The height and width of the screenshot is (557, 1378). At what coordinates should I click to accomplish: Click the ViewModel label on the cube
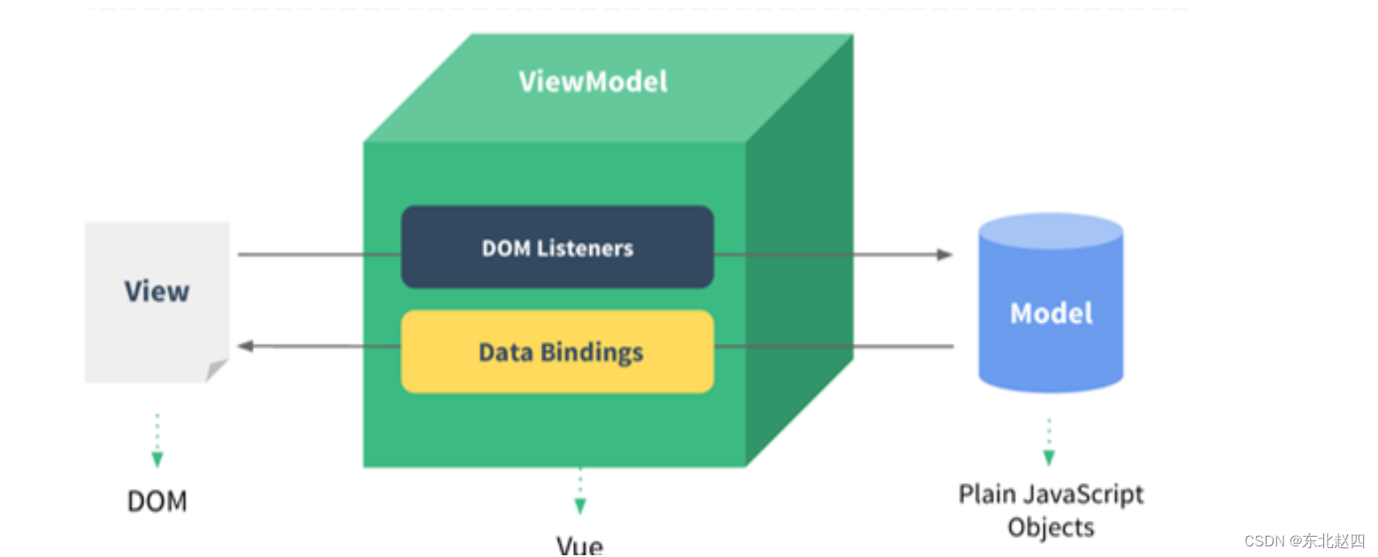click(593, 82)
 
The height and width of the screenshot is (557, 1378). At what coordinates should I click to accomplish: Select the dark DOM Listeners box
click(557, 248)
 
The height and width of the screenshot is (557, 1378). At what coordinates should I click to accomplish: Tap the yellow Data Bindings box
click(557, 352)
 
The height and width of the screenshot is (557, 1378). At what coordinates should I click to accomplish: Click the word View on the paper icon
click(157, 291)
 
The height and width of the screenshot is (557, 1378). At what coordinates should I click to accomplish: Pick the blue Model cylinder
click(1051, 313)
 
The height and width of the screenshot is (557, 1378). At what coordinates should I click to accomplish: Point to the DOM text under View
click(157, 501)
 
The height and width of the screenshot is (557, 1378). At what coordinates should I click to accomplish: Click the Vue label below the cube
click(579, 545)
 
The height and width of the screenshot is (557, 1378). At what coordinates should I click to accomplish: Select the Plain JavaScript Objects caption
click(1051, 510)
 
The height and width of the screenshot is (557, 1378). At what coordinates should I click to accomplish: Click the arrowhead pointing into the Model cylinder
click(945, 255)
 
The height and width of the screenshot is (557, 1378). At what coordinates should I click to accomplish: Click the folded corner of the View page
click(217, 370)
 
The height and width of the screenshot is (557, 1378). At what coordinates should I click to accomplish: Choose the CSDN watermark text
click(1304, 540)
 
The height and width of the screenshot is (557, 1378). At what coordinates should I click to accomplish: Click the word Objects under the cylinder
click(1051, 527)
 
